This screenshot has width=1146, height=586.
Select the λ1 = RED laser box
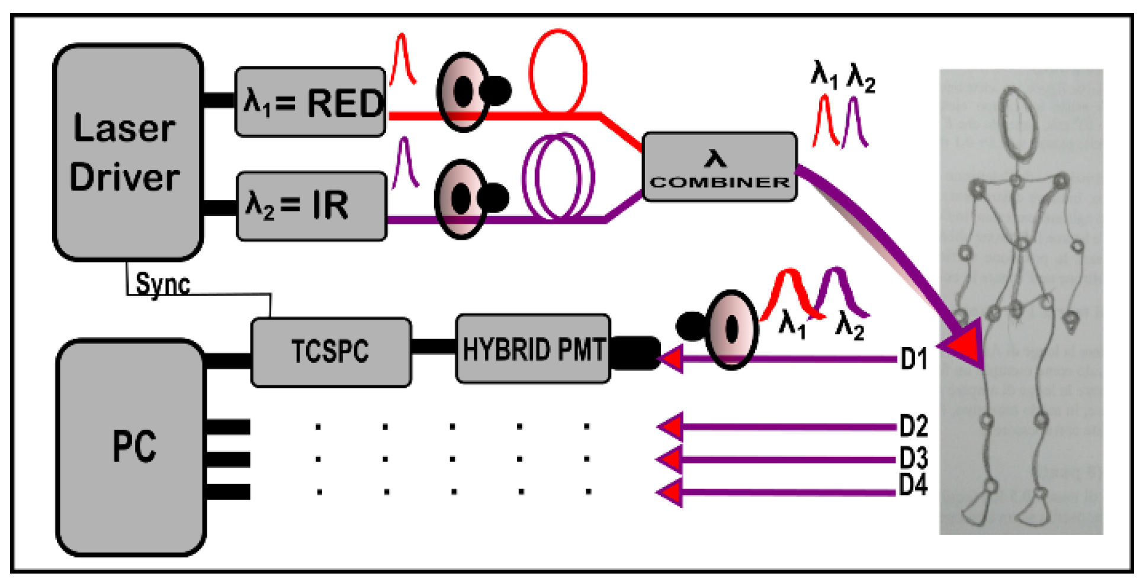[x=310, y=102]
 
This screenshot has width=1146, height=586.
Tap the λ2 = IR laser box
[x=312, y=206]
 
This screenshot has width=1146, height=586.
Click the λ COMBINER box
[x=720, y=167]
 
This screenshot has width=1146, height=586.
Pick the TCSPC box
[x=331, y=352]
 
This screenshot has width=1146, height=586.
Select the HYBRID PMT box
[x=533, y=349]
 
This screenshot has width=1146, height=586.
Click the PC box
[x=131, y=447]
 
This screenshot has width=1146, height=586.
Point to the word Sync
[x=163, y=284]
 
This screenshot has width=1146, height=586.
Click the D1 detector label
[x=914, y=359]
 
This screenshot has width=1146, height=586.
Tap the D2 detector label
[x=914, y=426]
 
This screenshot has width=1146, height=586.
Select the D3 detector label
[x=914, y=458]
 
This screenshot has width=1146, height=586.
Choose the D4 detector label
[x=913, y=485]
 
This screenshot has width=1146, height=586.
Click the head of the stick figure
[x=1019, y=123]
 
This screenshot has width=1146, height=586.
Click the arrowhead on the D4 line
[x=670, y=493]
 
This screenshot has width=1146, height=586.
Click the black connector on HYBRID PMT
[x=635, y=353]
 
